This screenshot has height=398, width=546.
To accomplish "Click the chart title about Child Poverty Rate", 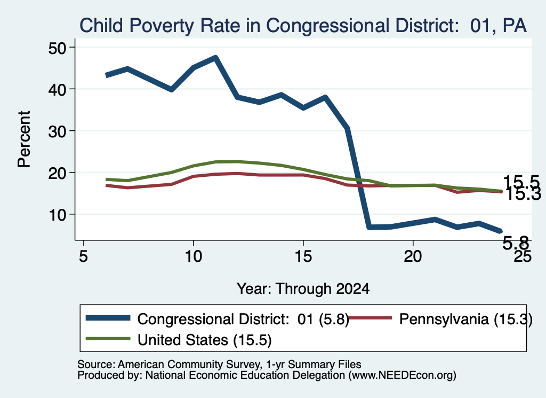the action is [x=303, y=26].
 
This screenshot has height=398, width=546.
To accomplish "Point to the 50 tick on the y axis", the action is [x=57, y=48].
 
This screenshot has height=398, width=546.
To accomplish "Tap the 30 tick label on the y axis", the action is [x=57, y=131].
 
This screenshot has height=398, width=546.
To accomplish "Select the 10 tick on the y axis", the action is [x=57, y=215].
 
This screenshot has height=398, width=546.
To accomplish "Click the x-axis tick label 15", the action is [x=303, y=256].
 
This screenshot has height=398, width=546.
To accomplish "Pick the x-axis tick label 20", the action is [x=413, y=256].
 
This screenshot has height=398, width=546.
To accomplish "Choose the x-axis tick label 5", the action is [x=83, y=256].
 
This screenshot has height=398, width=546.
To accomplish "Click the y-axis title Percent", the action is [x=24, y=139].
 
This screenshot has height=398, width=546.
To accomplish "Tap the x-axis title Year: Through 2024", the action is [x=303, y=289].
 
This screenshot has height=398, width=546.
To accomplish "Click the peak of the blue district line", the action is [x=215, y=58].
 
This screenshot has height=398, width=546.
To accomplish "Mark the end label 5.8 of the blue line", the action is [x=516, y=243].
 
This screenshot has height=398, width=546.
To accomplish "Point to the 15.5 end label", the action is [x=521, y=182].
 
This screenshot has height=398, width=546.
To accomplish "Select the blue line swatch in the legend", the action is [x=108, y=318].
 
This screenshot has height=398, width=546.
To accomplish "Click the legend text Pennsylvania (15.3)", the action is [x=466, y=319].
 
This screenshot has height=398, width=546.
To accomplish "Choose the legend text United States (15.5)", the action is [x=204, y=340].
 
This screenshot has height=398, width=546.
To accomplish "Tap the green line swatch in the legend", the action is [x=108, y=339].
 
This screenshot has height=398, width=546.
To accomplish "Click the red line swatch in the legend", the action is [x=370, y=318].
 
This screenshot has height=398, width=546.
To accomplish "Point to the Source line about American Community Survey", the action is [x=219, y=364].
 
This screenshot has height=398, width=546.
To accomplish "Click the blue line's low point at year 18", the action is [x=369, y=227].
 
